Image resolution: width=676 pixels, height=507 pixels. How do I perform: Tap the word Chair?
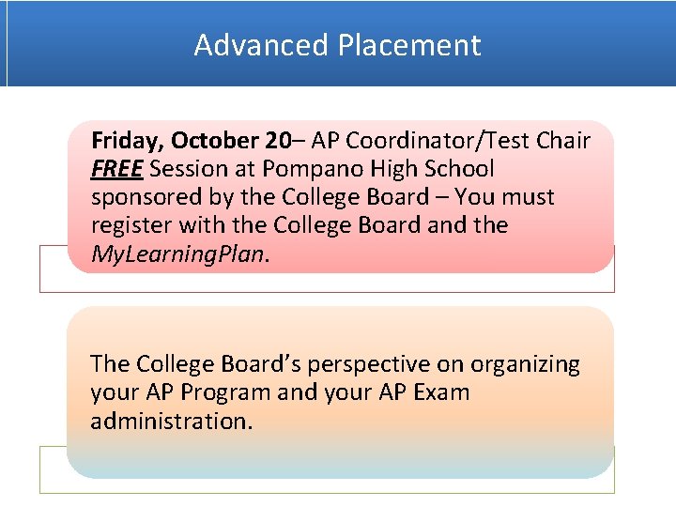click(x=562, y=141)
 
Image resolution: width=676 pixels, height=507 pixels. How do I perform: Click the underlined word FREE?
click(x=116, y=169)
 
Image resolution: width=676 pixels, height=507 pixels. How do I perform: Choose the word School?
click(x=460, y=169)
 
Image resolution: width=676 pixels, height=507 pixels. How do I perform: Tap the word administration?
click(x=171, y=421)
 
